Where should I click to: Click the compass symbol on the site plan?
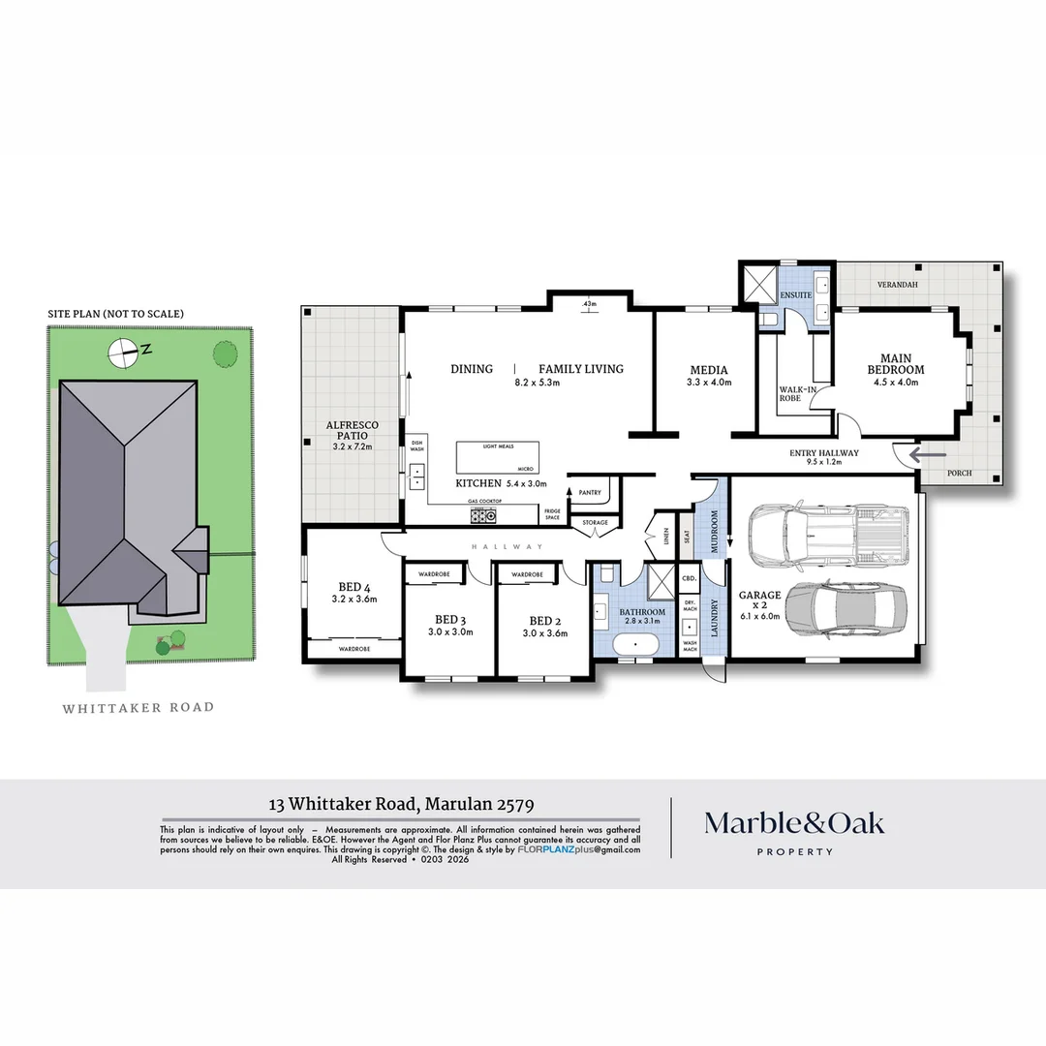pyautogui.click(x=123, y=354)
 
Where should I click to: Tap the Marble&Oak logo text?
pyautogui.click(x=793, y=823)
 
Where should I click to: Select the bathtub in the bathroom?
pyautogui.click(x=636, y=643)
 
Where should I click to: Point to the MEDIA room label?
pyautogui.click(x=708, y=370)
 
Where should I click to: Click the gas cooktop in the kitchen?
pyautogui.click(x=483, y=515)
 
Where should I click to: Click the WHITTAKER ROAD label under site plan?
pyautogui.click(x=138, y=708)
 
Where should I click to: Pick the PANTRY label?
pyautogui.click(x=590, y=493)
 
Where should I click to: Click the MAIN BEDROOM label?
pyautogui.click(x=895, y=363)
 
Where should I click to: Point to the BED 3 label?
pyautogui.click(x=451, y=620)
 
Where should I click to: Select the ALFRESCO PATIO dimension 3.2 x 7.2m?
pyautogui.click(x=352, y=447)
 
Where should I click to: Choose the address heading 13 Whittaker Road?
pyautogui.click(x=401, y=803)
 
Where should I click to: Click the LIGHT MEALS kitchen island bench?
pyautogui.click(x=497, y=457)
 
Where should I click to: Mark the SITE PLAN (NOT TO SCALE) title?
pyautogui.click(x=116, y=314)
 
